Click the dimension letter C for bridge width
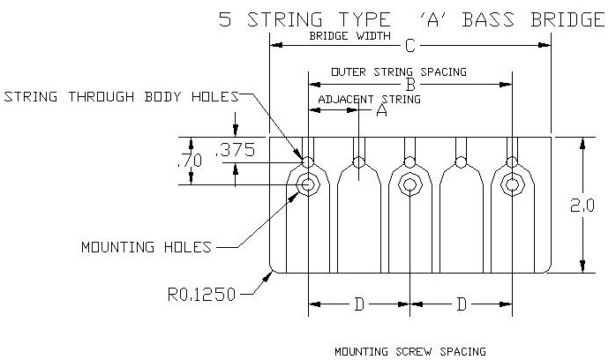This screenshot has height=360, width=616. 409,46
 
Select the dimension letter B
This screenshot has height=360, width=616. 410,85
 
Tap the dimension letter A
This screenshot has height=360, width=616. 381,110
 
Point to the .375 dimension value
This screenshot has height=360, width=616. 236,150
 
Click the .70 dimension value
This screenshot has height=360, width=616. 190,161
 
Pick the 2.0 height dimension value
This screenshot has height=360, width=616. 582,206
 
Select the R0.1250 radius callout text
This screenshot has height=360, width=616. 201,295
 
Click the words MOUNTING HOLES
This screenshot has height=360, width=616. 146,247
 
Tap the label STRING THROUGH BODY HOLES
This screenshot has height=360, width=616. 122,96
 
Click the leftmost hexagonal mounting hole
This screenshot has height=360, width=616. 308,184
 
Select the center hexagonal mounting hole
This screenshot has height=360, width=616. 409,184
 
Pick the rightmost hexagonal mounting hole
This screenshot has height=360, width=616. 512,184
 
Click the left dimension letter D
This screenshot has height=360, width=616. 359,304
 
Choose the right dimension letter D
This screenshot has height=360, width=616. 462,304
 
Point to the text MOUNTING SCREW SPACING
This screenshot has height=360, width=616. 410,351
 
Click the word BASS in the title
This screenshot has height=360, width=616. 487,19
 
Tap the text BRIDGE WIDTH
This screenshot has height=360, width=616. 349,36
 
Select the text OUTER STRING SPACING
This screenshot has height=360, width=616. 399,72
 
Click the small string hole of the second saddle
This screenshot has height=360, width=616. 358,162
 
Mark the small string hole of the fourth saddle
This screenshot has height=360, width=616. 461,162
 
